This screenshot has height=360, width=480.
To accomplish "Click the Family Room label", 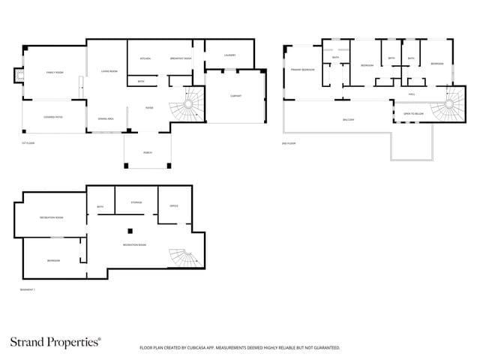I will [55, 73].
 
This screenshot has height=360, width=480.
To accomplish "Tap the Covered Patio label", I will [52, 117].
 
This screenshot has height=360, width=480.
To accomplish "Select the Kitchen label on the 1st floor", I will [145, 58].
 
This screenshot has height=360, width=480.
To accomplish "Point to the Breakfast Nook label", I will [181, 58].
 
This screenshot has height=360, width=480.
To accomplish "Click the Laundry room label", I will [229, 55].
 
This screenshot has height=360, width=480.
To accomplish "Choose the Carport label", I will [235, 96].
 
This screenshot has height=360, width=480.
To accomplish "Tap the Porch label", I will [148, 152].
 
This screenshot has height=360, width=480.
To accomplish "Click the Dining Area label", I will [106, 119].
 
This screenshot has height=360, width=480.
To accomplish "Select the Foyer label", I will [149, 107].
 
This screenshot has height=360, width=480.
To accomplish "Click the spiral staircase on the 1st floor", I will [187, 103].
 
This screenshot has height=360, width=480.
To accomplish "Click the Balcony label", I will [348, 120].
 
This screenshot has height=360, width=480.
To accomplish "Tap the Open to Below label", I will [413, 113].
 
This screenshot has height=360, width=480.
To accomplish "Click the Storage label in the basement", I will [136, 202].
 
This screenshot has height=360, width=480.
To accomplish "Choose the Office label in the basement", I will [173, 205].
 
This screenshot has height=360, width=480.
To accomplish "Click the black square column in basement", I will [130, 230].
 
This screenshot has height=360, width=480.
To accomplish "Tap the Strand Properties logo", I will [55, 342].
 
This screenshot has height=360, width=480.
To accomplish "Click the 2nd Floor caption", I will [287, 142].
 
